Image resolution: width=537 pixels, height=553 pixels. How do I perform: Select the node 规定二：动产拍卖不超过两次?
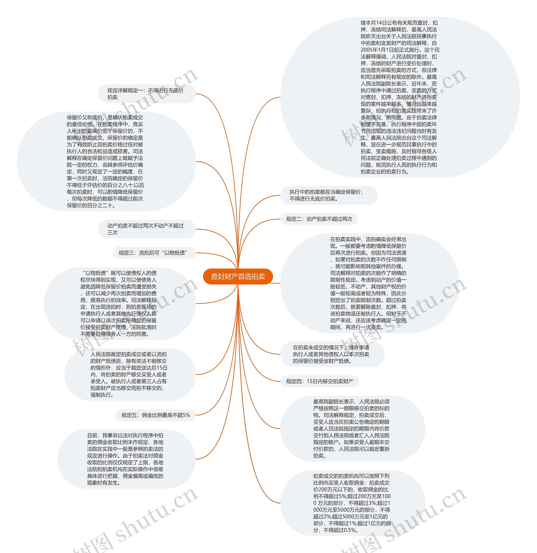(319, 219)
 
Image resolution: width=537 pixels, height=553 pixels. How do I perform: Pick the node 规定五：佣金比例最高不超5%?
(156, 415)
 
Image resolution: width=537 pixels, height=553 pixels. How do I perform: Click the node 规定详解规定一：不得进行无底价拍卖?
(145, 94)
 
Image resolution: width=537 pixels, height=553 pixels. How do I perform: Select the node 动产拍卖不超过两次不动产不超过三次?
(145, 229)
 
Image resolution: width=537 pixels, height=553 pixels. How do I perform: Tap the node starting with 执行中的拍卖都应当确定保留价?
(326, 195)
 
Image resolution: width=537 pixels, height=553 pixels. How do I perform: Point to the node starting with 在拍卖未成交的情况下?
(331, 354)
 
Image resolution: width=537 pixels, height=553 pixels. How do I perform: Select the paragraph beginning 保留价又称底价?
(105, 161)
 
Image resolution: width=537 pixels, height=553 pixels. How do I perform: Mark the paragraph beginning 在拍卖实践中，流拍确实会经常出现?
(368, 283)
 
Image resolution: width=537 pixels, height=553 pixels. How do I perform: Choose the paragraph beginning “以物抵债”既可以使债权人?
(119, 303)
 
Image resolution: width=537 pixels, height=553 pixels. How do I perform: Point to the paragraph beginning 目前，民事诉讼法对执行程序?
(125, 459)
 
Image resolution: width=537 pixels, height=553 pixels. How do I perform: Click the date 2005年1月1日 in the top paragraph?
(378, 50)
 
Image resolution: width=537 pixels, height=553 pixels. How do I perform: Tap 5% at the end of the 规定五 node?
(186, 415)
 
